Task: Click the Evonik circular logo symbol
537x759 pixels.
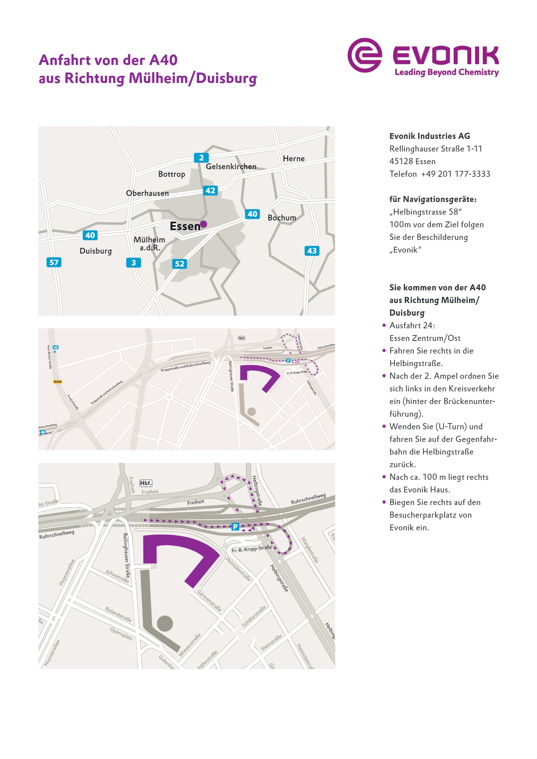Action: click(x=364, y=55)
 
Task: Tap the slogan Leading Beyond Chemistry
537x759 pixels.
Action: click(x=446, y=72)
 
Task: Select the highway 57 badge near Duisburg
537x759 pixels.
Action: click(x=54, y=262)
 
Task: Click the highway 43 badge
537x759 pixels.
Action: click(x=312, y=251)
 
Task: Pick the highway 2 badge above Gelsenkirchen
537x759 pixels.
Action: click(x=201, y=158)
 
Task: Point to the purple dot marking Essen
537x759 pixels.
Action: click(x=204, y=224)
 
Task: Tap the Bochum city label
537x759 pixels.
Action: click(x=282, y=218)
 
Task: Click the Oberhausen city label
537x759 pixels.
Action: click(x=147, y=193)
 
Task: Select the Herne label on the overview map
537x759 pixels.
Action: click(x=294, y=159)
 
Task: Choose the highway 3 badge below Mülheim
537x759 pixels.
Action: click(x=134, y=263)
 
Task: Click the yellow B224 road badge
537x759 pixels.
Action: click(x=57, y=382)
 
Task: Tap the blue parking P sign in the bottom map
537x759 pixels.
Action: click(x=235, y=527)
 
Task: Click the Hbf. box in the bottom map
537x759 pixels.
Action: click(x=146, y=483)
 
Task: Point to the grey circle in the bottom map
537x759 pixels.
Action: click(x=165, y=623)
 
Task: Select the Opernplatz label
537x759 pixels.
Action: click(x=121, y=634)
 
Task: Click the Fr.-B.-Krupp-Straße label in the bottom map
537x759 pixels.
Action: click(x=252, y=549)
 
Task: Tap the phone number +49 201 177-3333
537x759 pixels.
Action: click(x=455, y=174)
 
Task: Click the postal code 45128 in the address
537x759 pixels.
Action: click(x=400, y=161)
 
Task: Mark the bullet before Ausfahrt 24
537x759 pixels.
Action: click(x=384, y=325)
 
